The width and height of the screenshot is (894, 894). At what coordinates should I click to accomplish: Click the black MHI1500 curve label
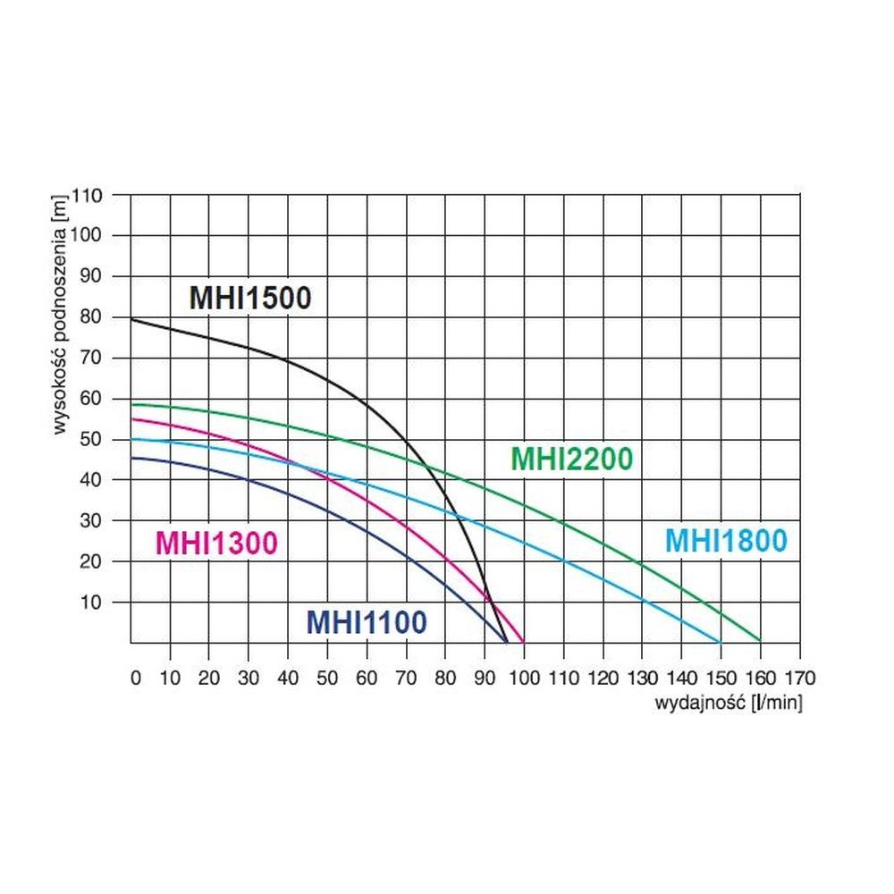[x=250, y=297]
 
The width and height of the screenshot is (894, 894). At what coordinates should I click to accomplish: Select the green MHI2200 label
[x=571, y=459]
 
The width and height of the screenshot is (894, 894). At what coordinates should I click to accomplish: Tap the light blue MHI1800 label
[x=726, y=541]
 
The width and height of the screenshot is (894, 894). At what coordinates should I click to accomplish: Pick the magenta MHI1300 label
[x=216, y=543]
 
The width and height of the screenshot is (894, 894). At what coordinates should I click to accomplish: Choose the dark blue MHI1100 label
[x=367, y=621]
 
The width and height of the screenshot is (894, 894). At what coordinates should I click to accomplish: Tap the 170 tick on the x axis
[x=799, y=678]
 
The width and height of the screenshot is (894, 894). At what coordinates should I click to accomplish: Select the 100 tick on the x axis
[x=524, y=678]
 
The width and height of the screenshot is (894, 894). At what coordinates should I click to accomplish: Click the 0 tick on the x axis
[x=135, y=678]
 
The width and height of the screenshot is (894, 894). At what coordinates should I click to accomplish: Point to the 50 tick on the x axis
[x=327, y=678]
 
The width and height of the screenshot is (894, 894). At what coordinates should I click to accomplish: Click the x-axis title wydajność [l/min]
[x=729, y=703]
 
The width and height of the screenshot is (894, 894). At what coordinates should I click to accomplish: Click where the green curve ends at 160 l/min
[x=760, y=640]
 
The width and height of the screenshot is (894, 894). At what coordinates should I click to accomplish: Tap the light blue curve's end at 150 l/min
[x=720, y=642]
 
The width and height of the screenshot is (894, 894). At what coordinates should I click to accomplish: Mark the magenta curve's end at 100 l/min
[x=523, y=642]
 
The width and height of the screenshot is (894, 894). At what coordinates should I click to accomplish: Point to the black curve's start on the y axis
[x=132, y=319]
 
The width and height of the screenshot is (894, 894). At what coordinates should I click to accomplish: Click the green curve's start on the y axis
[x=132, y=405]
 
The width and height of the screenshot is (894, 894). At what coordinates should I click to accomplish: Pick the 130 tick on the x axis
[x=642, y=678]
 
